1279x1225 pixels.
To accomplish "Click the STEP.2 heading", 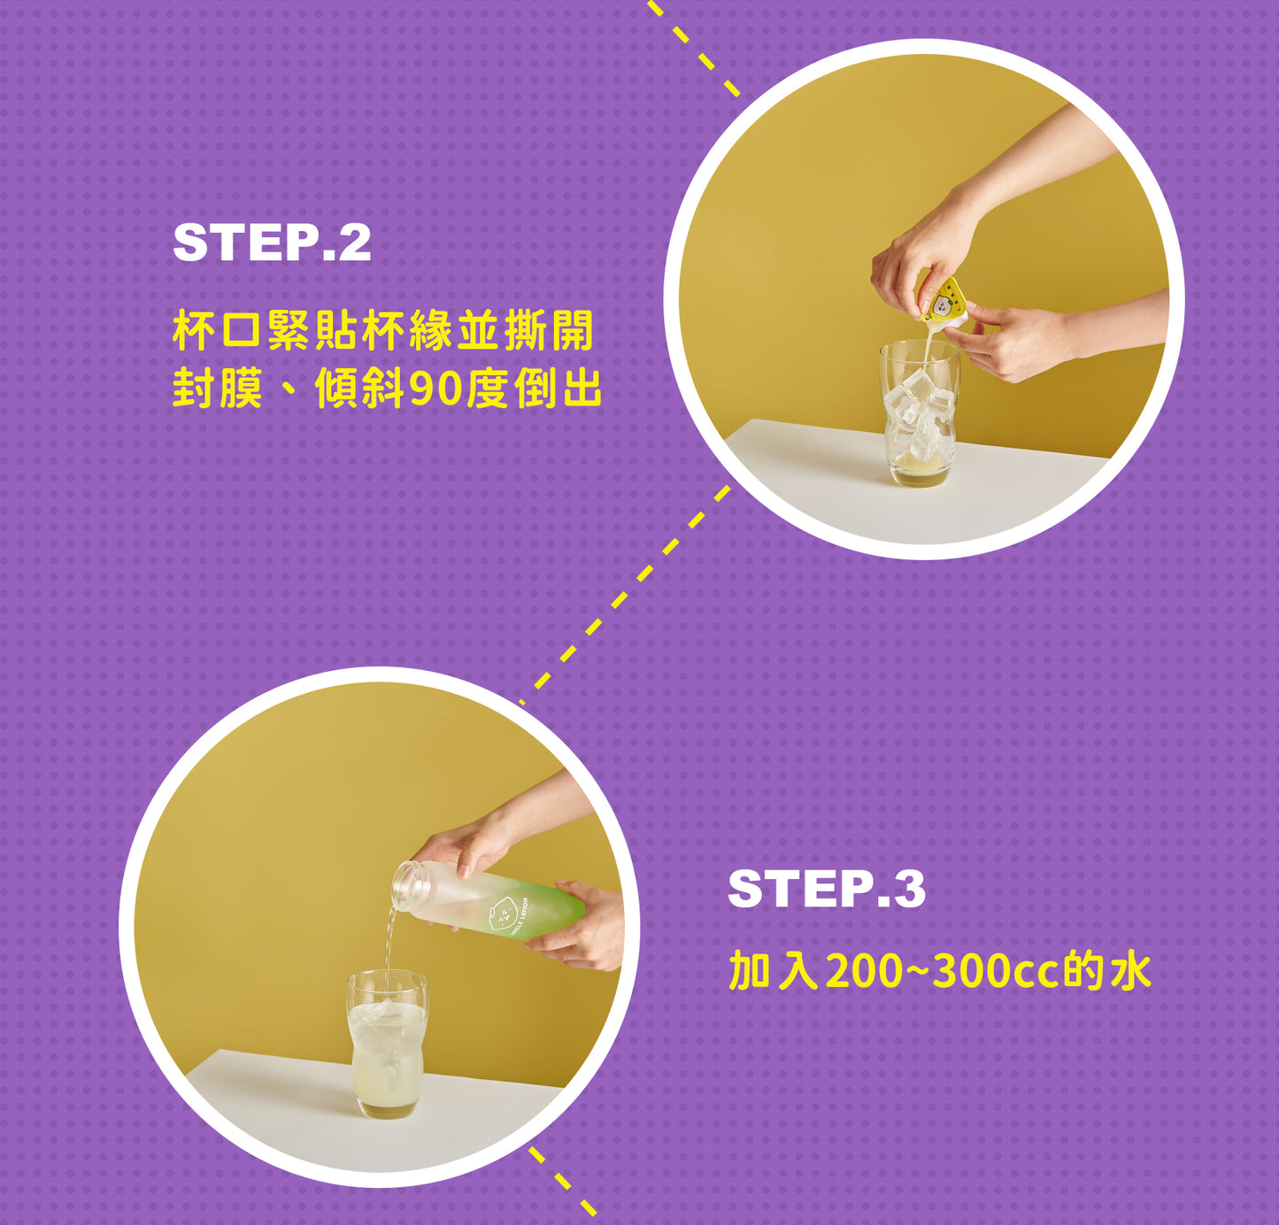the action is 272,243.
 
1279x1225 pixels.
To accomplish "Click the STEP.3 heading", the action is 827,890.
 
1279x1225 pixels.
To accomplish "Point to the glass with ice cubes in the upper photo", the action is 920,413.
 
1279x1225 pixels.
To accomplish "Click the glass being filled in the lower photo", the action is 387,1044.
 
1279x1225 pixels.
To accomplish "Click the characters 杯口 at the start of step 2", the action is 218,331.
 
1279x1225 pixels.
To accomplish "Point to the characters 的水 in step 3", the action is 1106,972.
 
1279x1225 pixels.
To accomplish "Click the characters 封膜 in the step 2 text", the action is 218,389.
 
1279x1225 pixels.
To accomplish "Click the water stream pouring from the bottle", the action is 389,946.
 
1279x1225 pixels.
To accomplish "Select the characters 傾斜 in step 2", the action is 361,389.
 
